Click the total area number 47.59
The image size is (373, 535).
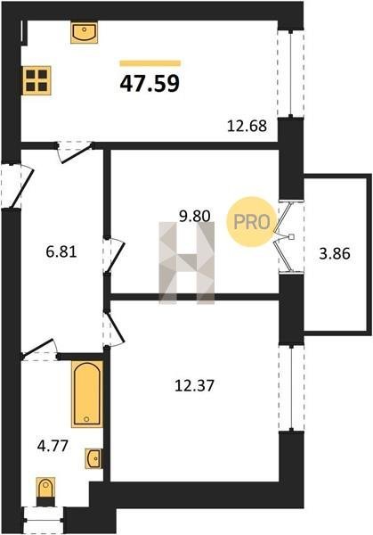150,84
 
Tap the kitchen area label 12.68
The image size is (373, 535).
247,126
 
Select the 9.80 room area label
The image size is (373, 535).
195,216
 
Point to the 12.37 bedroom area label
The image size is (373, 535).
194,386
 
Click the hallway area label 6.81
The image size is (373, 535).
61,252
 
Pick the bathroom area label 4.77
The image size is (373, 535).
53,446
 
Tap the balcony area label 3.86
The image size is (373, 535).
335,254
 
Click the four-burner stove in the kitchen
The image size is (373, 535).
36,80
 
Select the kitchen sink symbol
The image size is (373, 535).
85,33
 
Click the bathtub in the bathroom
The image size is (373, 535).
87,394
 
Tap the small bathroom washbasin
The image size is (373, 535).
93,458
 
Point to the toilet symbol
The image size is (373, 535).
45,489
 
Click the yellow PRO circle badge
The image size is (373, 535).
251,222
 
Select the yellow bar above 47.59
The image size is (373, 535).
150,62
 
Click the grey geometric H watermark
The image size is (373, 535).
186,263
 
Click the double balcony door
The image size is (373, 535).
286,236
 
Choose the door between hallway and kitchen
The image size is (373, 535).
76,152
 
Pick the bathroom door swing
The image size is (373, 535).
40,349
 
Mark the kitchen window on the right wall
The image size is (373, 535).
290,74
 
